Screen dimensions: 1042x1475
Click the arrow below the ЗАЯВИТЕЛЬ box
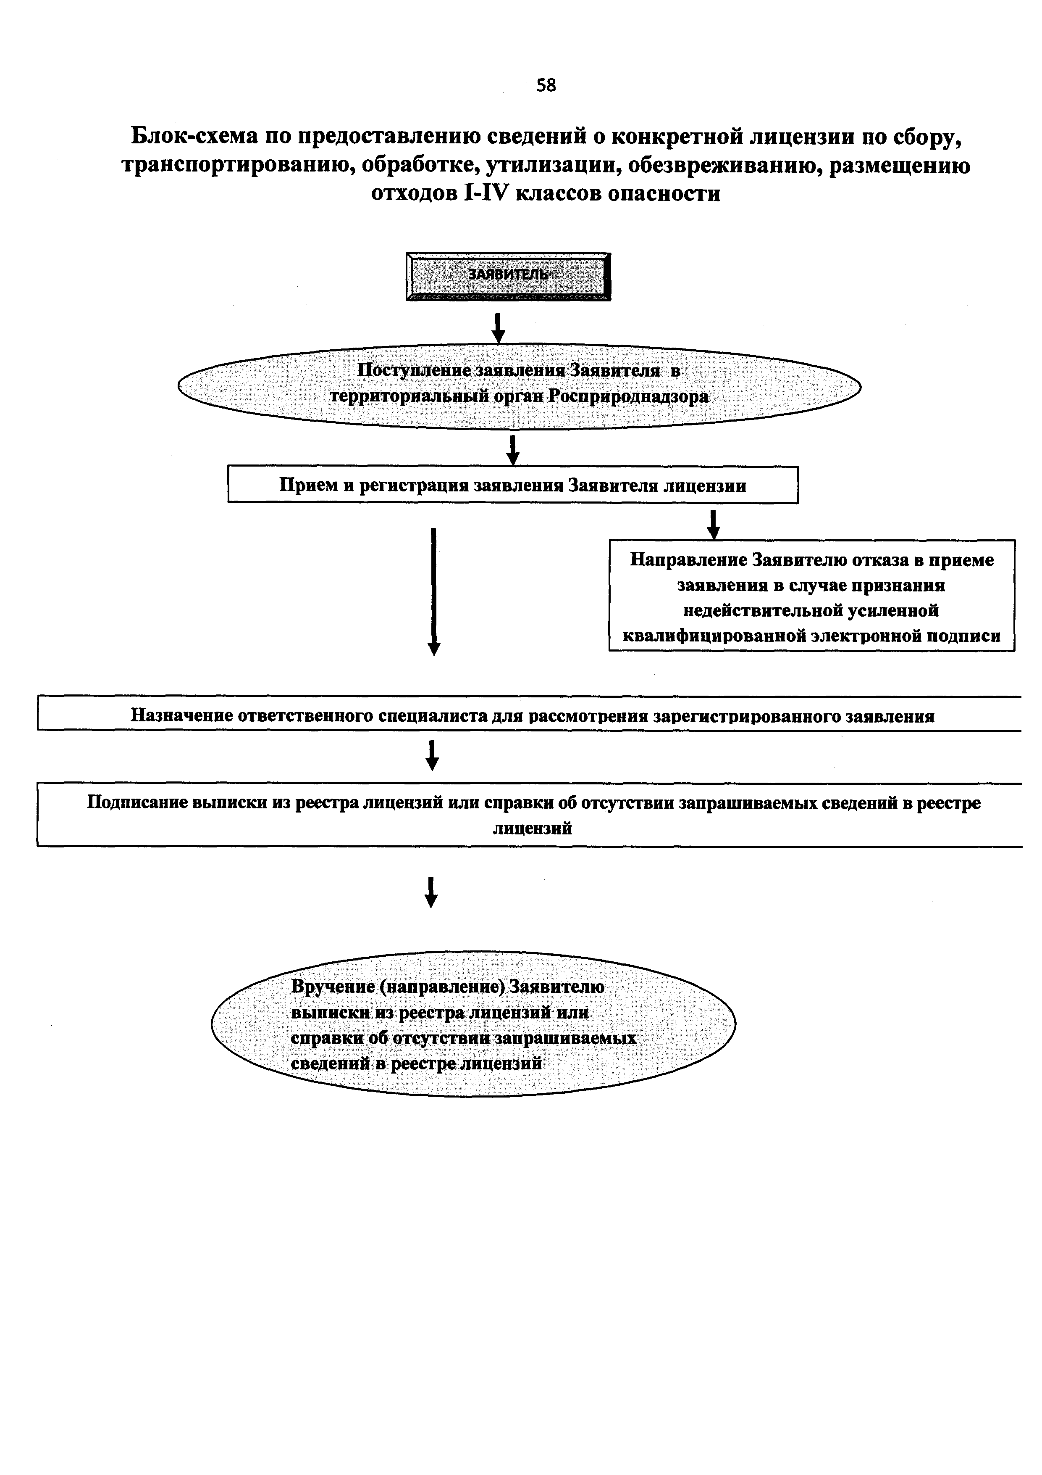(498, 327)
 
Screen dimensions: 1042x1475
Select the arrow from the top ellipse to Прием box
(512, 450)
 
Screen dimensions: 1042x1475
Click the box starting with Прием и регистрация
(513, 484)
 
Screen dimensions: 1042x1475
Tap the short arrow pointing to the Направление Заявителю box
(713, 525)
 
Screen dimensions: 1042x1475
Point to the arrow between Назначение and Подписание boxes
(432, 755)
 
